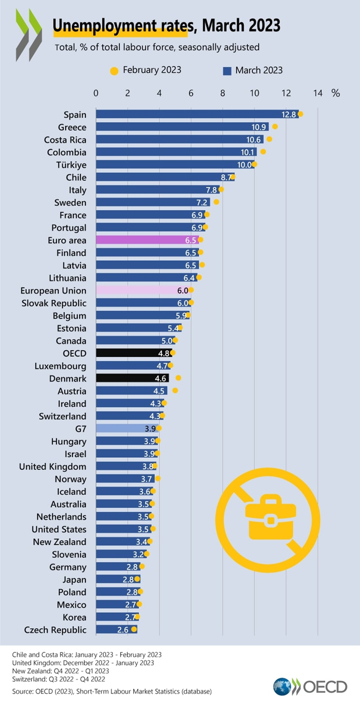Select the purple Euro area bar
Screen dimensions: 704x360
pyautogui.click(x=147, y=240)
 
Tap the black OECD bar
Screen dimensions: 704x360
pyautogui.click(x=134, y=353)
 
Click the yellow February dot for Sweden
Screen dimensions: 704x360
pyautogui.click(x=216, y=202)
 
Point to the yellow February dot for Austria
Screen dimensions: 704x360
pyautogui.click(x=175, y=390)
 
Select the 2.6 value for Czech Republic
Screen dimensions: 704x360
pyautogui.click(x=124, y=630)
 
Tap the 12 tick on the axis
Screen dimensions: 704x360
pyautogui.click(x=286, y=93)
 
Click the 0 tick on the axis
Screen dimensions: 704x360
pyautogui.click(x=96, y=93)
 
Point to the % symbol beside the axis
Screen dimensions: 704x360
pyautogui.click(x=336, y=93)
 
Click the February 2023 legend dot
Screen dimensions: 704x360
pyautogui.click(x=114, y=71)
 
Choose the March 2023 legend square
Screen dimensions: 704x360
pyautogui.click(x=227, y=71)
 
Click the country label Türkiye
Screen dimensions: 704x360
pyautogui.click(x=71, y=165)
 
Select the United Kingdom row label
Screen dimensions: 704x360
pyautogui.click(x=53, y=466)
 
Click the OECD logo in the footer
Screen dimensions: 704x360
pyautogui.click(x=310, y=687)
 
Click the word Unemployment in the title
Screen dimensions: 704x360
pyautogui.click(x=119, y=25)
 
